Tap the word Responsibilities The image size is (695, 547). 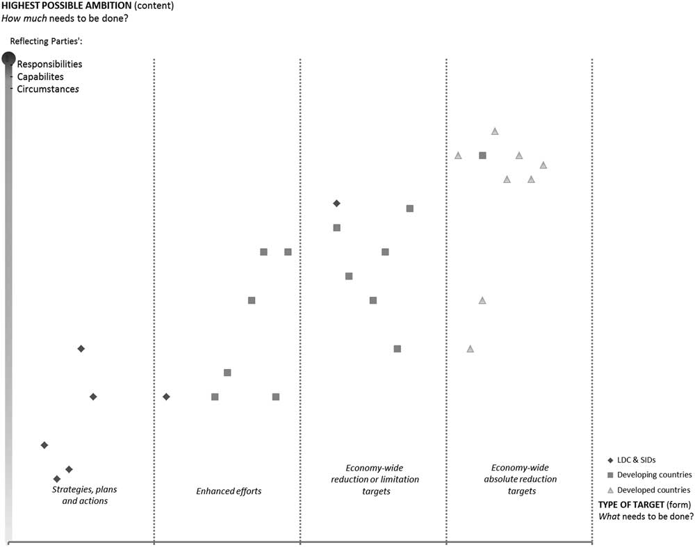click(x=49, y=64)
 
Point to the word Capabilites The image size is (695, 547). click(x=40, y=76)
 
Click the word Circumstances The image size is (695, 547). click(x=48, y=89)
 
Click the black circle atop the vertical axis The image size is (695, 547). click(x=8, y=59)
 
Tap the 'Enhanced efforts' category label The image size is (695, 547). click(x=229, y=491)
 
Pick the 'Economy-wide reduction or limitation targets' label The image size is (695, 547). click(x=375, y=480)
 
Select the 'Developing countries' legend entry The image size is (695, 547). click(x=654, y=475)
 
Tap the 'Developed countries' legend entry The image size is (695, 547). click(x=653, y=490)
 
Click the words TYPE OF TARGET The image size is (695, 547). click(x=629, y=504)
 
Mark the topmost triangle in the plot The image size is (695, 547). click(x=495, y=131)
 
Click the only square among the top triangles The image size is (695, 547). click(x=482, y=155)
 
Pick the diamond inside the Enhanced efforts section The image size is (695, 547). click(x=166, y=397)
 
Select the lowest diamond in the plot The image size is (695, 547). click(x=57, y=479)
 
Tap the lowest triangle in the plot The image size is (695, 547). click(x=471, y=348)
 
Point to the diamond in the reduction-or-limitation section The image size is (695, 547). click(x=336, y=204)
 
